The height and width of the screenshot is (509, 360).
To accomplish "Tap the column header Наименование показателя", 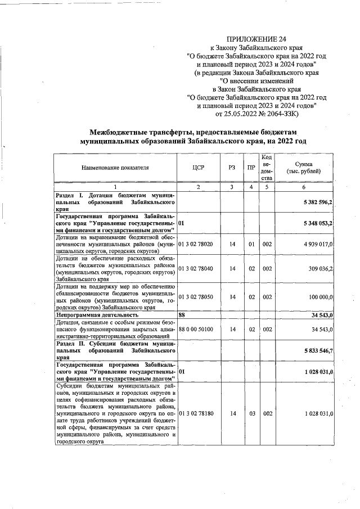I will (115, 168).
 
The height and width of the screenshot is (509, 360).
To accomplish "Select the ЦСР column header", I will (197, 168).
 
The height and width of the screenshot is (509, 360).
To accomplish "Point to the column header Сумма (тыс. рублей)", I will (304, 167).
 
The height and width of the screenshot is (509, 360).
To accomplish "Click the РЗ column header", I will (232, 168).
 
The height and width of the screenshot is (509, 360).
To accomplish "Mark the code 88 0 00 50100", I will (196, 329).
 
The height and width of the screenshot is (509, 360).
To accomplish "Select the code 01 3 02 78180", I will (196, 413).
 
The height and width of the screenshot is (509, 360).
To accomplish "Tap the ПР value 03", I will (251, 413).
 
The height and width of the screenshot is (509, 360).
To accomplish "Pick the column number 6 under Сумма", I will (304, 187).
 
